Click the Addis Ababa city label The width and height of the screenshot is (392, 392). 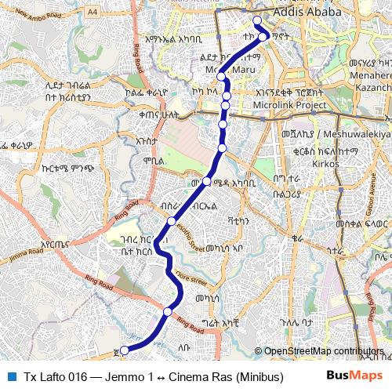pyautogui.click(x=308, y=13)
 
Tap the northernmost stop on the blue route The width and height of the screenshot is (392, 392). pyautogui.click(x=256, y=20)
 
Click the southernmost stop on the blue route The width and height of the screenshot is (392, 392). pyautogui.click(x=124, y=350)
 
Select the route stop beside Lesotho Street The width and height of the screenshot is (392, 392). pyautogui.click(x=172, y=222)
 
